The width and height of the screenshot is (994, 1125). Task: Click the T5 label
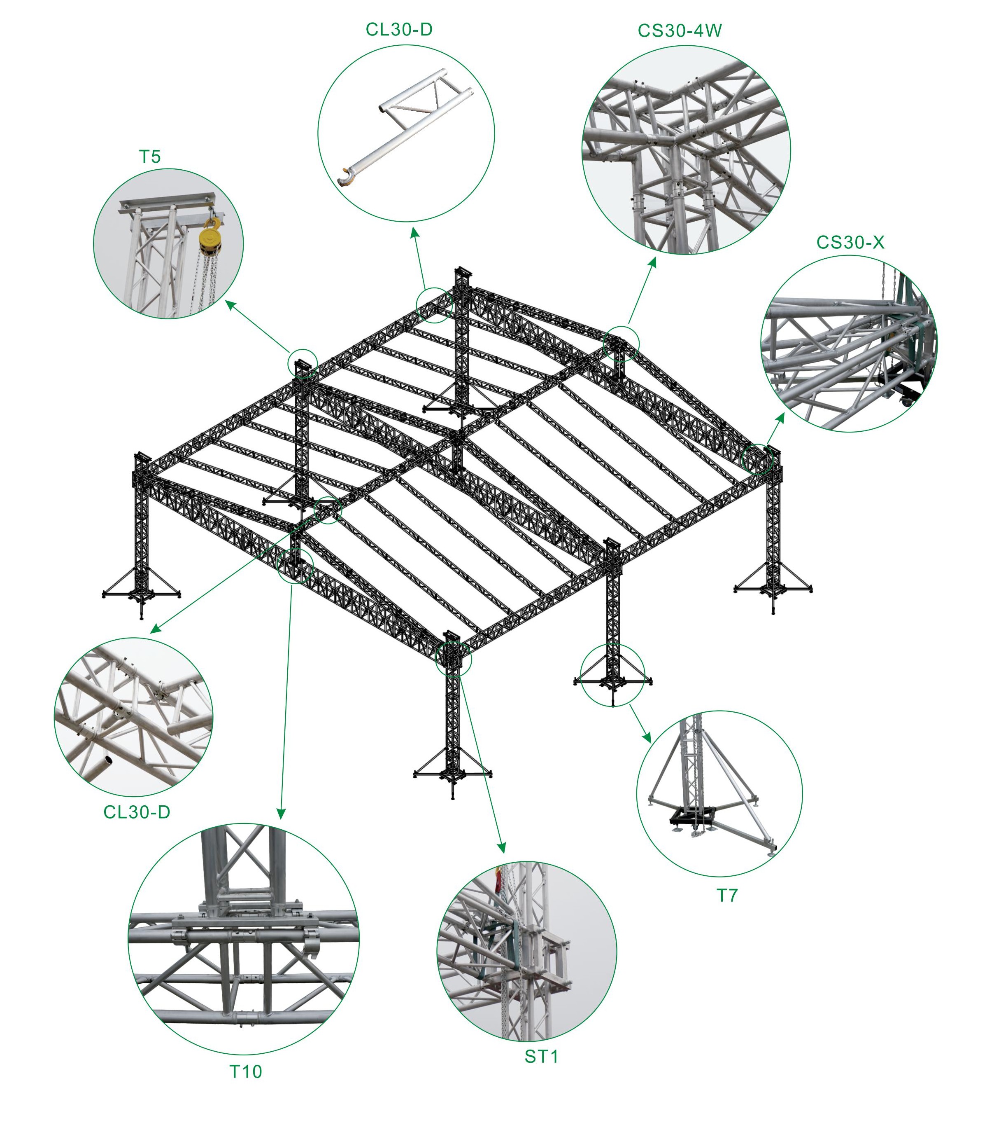tap(150, 157)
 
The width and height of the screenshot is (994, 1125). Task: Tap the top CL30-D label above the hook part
tap(399, 30)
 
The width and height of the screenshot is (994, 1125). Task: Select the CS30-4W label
tap(680, 31)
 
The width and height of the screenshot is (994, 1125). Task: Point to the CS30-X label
tap(850, 242)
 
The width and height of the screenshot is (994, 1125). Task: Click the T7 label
tap(726, 896)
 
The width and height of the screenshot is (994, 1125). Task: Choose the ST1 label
tap(541, 1056)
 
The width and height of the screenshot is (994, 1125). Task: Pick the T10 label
tap(245, 1071)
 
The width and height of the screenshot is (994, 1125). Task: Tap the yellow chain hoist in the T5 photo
tap(210, 239)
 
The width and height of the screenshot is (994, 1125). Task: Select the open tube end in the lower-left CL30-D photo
tap(108, 760)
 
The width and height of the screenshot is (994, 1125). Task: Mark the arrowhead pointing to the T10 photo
tap(281, 814)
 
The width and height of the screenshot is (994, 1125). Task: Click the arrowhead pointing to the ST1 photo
tap(501, 848)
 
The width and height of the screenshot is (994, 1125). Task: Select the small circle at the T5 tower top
tap(303, 363)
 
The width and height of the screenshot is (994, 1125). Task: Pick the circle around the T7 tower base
tap(612, 675)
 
